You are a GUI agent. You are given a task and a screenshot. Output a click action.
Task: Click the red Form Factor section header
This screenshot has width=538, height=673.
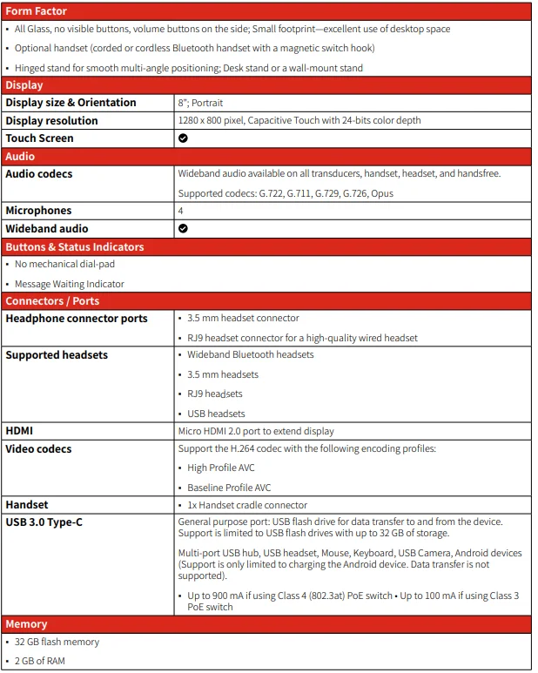[36, 11]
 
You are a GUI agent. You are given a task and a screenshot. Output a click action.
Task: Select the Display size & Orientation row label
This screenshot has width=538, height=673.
[71, 103]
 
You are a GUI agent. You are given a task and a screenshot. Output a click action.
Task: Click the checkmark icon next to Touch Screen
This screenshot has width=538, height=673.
[183, 138]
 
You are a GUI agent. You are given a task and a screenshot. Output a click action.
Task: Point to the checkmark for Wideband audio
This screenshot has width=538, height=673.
[183, 229]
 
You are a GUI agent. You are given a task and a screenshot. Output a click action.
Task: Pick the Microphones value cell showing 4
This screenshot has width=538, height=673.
[180, 211]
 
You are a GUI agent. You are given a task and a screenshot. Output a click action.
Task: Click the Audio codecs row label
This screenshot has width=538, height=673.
[39, 174]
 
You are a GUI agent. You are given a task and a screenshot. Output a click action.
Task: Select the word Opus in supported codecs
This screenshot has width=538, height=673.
[382, 193]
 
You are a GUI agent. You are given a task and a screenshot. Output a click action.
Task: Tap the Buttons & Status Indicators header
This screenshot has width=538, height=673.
[75, 247]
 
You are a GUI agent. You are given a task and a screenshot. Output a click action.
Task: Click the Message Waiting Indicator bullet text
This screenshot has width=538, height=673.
[70, 284]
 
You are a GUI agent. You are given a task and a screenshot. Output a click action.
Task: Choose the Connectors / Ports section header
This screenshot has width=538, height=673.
[52, 301]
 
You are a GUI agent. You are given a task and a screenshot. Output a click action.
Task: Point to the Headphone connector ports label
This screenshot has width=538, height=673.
[77, 319]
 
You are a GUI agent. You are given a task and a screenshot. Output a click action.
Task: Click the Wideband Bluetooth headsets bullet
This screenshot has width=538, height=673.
[251, 354]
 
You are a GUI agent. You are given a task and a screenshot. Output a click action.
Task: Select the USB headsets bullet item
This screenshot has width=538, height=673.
[216, 414]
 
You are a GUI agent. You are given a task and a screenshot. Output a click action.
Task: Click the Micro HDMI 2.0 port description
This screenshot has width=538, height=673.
[256, 431]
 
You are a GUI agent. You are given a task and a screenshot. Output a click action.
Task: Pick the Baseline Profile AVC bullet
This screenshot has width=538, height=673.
[229, 488]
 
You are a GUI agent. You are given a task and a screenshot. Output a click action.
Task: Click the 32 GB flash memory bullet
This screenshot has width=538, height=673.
[57, 642]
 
